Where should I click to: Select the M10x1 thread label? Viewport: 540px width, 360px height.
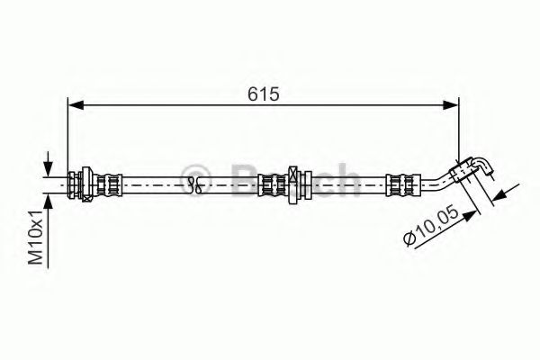coord(35,237)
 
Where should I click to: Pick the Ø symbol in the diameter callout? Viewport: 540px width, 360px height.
coord(409,240)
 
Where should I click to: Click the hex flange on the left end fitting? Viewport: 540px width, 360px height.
coord(83,184)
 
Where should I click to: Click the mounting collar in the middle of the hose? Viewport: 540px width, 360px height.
coord(294,184)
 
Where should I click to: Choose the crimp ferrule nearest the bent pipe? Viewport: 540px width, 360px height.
coord(400,184)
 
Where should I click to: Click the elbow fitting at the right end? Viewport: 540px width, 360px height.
coord(478,167)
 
